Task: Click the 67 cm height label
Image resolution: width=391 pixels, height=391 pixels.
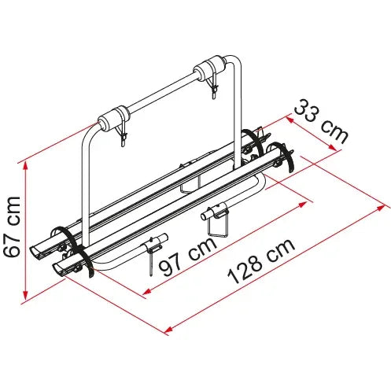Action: click(12, 227)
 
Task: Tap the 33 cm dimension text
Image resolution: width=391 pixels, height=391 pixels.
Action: click(322, 121)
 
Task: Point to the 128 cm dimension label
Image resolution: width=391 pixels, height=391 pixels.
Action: click(261, 261)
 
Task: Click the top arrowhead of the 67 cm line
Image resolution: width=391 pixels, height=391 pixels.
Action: click(25, 164)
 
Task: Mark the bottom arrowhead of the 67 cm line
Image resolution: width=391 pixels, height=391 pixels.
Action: click(25, 296)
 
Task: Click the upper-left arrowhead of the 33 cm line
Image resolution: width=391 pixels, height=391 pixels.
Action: click(290, 120)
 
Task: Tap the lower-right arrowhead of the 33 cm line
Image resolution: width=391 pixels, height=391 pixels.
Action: click(333, 148)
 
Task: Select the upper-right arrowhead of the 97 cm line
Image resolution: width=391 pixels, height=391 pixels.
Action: click(303, 204)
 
